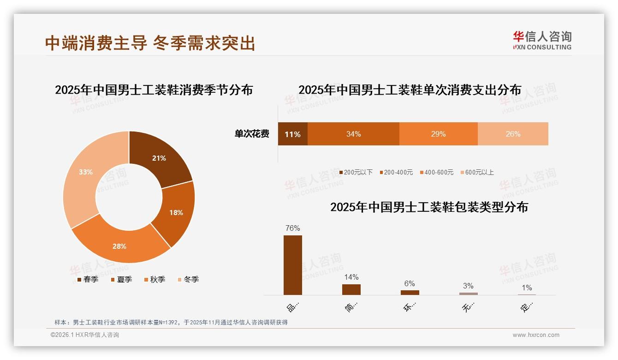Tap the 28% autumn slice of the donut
[x=119, y=246]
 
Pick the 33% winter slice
[x=85, y=172]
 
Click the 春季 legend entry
[x=88, y=279]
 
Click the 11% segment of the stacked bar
[x=292, y=134]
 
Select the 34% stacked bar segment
[x=353, y=134]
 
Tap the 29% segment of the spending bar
[x=438, y=134]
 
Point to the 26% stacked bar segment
[x=513, y=134]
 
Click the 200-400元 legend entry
[x=396, y=172]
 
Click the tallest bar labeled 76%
[x=293, y=265]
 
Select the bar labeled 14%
[x=351, y=289]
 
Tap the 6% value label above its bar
[x=410, y=283]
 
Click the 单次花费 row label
[x=252, y=134]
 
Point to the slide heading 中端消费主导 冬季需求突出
[x=150, y=43]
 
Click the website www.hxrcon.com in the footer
[x=536, y=335]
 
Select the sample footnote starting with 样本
[x=171, y=322]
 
